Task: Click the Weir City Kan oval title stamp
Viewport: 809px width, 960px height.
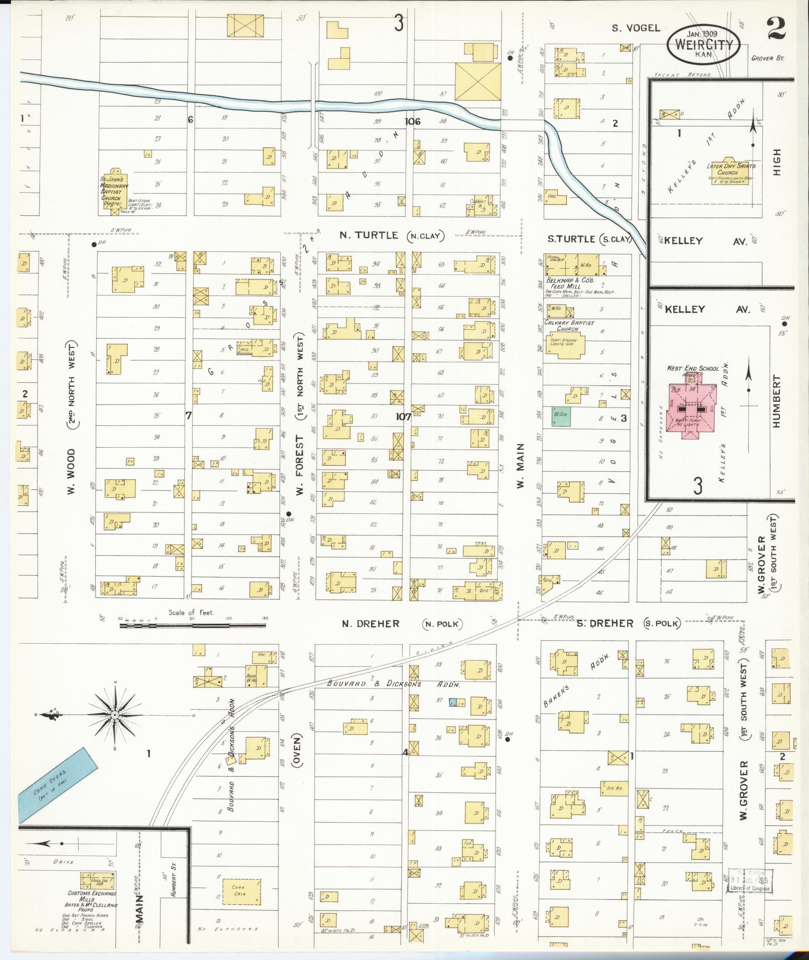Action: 704,44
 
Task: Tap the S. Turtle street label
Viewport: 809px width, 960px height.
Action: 571,239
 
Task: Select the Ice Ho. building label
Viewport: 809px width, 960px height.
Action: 613,788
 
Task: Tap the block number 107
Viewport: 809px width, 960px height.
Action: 403,417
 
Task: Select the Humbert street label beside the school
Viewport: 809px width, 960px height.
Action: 776,408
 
